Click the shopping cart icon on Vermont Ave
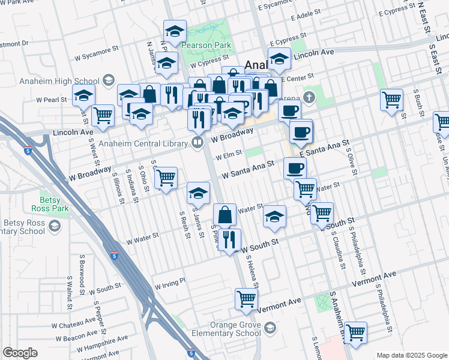(247, 299)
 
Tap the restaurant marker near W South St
(229, 240)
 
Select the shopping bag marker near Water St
(224, 214)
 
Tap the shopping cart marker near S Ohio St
(166, 178)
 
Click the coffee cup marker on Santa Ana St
(295, 168)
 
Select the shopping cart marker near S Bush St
(392, 99)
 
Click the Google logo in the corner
(19, 353)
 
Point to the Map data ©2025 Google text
(411, 355)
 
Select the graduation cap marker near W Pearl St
(83, 96)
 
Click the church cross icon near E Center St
(309, 97)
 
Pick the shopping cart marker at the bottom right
(356, 332)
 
